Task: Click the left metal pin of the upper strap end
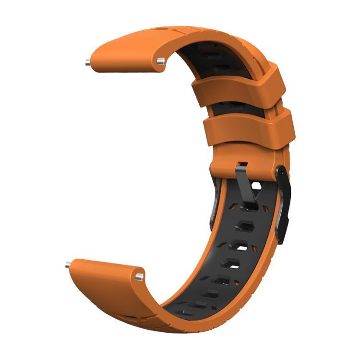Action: tap(87, 62)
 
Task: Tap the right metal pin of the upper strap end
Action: tap(161, 60)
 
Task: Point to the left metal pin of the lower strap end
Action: tap(68, 264)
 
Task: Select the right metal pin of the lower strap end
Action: tap(139, 276)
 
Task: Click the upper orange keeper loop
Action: tap(239, 90)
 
